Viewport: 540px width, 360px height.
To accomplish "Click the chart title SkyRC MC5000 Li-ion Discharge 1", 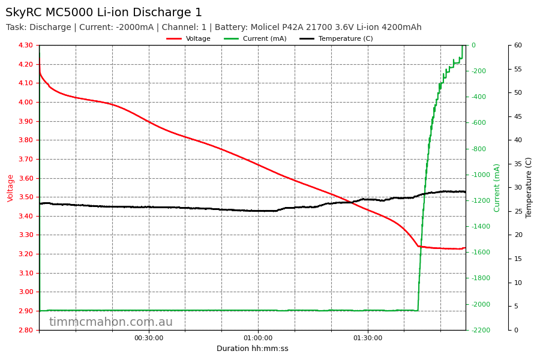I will [x=104, y=13].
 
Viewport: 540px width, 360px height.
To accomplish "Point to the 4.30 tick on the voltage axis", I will [x=26, y=46].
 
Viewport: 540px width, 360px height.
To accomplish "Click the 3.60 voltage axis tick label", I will [x=26, y=178].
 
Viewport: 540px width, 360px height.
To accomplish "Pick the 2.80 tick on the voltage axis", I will [x=26, y=330].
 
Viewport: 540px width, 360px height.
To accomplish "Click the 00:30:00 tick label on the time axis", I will [x=149, y=338].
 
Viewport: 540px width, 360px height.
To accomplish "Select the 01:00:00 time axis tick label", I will [x=258, y=338].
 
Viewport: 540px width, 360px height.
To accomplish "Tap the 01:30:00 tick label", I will [x=367, y=338].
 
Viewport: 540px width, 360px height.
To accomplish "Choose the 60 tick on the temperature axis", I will [x=518, y=46].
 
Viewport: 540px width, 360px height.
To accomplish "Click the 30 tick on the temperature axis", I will [x=518, y=188].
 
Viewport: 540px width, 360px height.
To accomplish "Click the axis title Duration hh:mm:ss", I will [x=252, y=349].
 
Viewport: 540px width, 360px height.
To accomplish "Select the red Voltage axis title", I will [x=11, y=188].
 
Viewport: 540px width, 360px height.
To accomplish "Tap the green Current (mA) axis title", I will [x=497, y=188].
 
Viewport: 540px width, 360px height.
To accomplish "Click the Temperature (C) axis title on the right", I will [x=529, y=188].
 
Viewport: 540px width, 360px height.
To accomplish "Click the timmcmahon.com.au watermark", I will [x=111, y=322].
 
